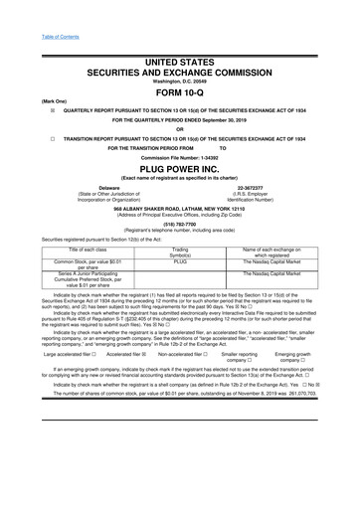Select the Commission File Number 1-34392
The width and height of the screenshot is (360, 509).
[x=180, y=156]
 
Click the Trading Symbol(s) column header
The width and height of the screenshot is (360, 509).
[x=180, y=251]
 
